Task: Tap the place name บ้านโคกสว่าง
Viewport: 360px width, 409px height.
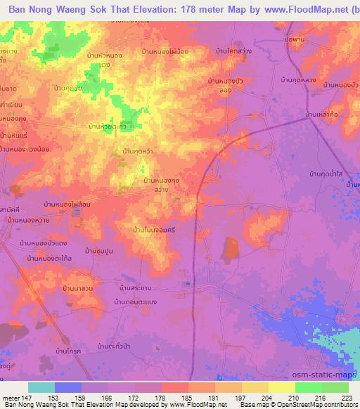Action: (x=237, y=51)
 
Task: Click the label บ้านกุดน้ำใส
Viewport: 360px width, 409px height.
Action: (x=330, y=171)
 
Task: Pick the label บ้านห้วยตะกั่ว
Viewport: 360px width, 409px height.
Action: (x=108, y=126)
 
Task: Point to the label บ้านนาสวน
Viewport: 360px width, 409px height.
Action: (x=79, y=289)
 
